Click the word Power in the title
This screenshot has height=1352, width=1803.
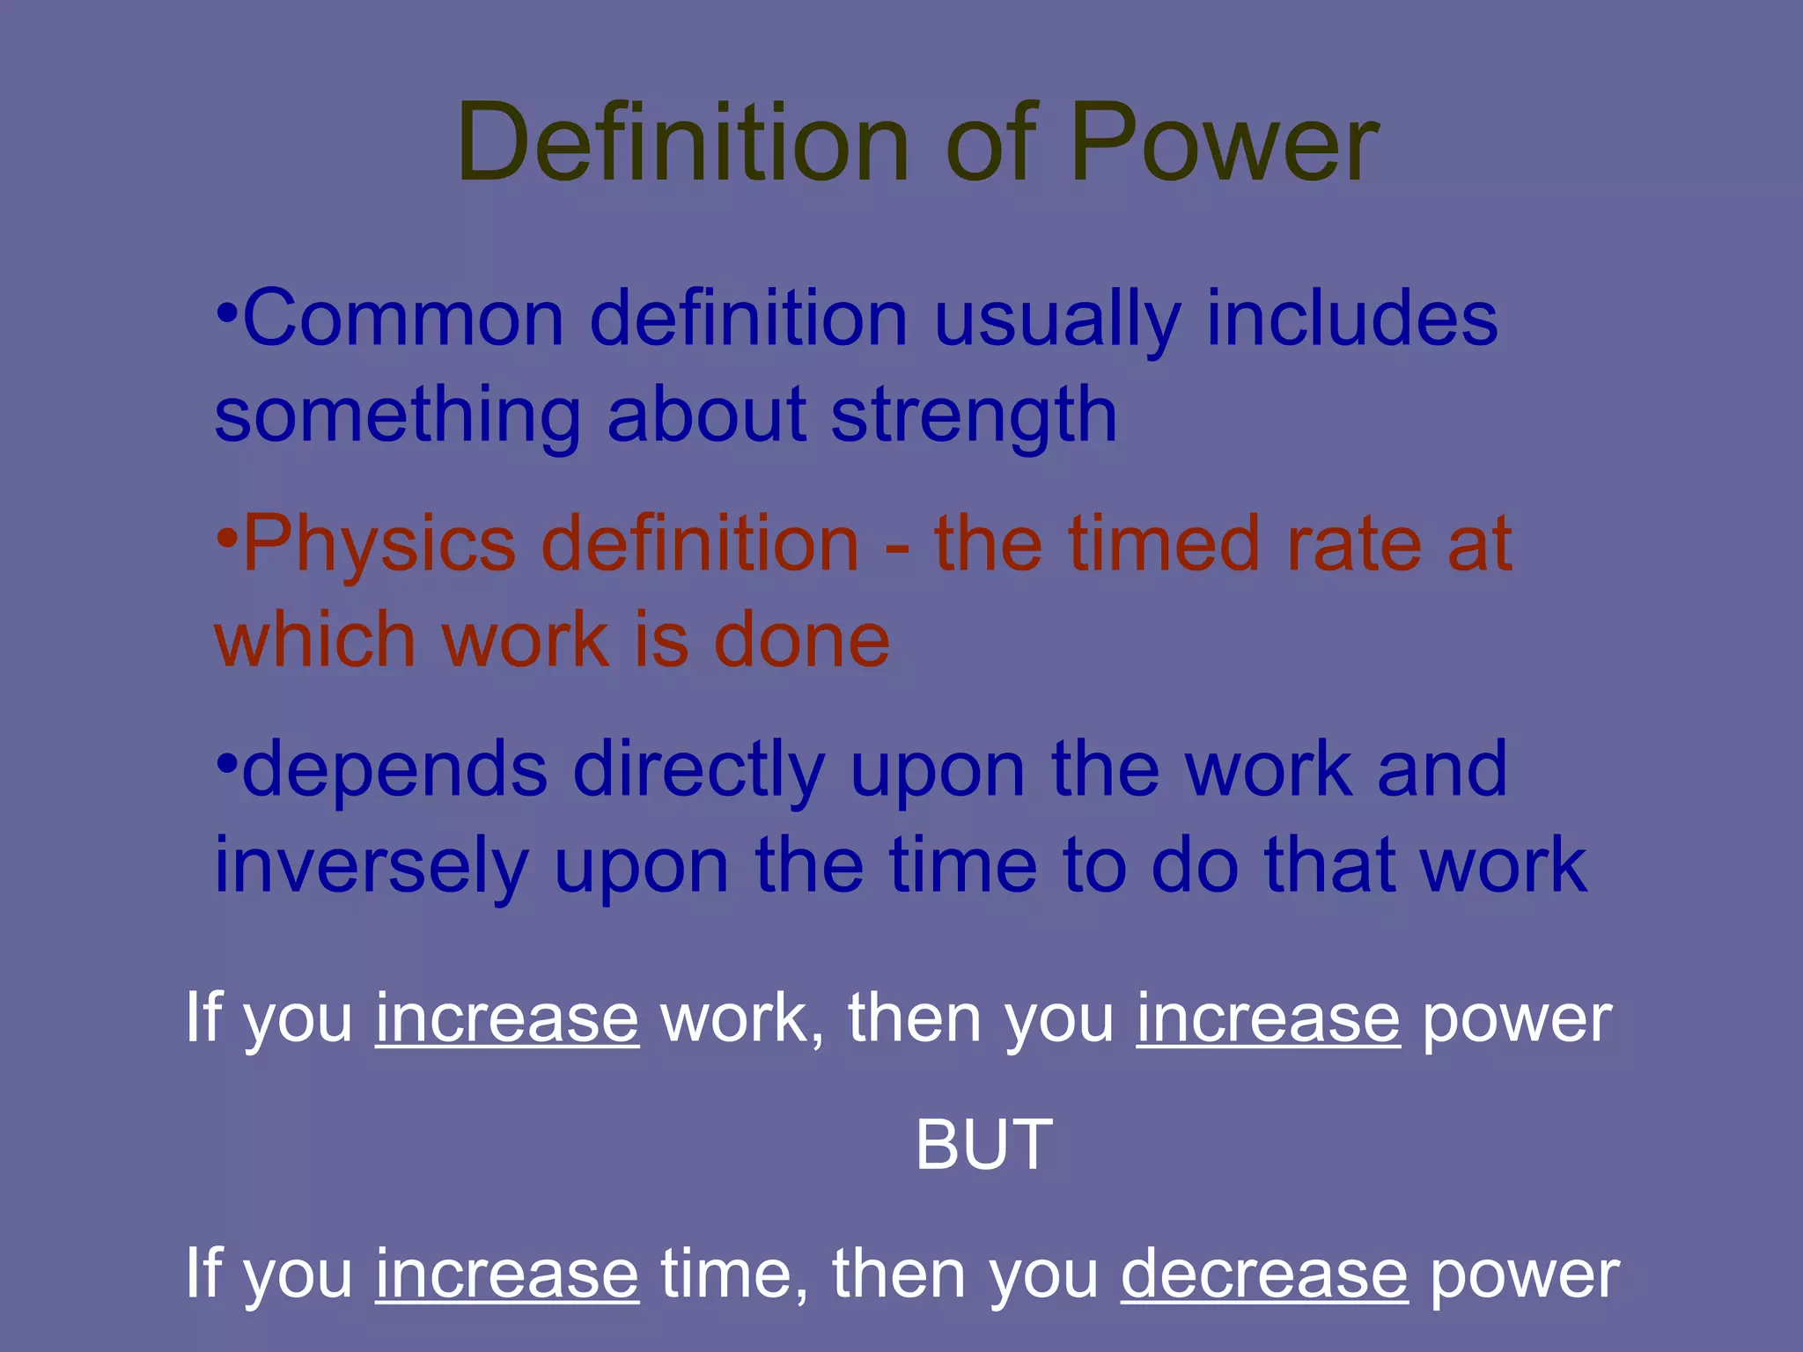pyautogui.click(x=1224, y=143)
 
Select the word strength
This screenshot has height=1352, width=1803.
pyautogui.click(x=974, y=415)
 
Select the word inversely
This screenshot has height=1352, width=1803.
pyautogui.click(x=371, y=867)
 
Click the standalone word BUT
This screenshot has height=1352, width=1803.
pyautogui.click(x=983, y=1145)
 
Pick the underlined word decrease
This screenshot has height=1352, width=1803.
pyautogui.click(x=1264, y=1274)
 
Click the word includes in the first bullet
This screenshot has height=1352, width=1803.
pyautogui.click(x=1351, y=319)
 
